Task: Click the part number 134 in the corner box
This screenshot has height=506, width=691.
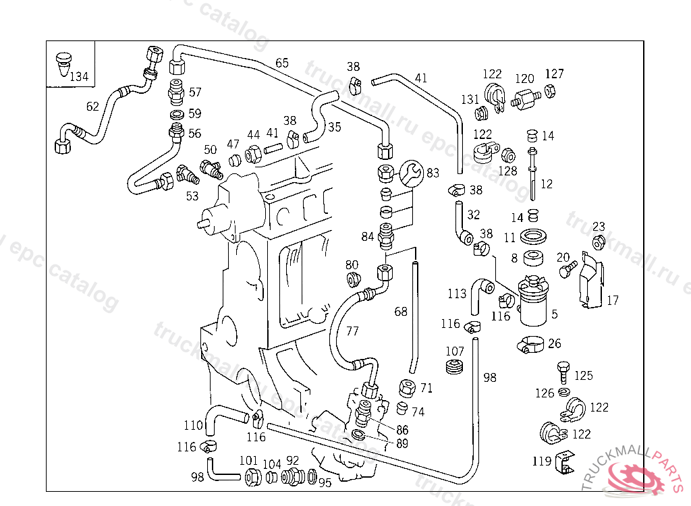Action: click(79, 77)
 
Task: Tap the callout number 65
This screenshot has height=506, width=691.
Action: click(282, 63)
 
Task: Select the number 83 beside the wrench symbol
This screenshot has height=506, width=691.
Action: click(433, 174)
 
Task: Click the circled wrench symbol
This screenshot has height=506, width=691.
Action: click(410, 174)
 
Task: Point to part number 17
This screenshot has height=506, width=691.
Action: click(612, 301)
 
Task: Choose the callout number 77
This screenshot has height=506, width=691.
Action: click(352, 331)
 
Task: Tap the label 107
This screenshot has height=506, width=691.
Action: click(455, 352)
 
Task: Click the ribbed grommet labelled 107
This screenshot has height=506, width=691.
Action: click(455, 368)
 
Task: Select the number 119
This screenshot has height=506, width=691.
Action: click(541, 462)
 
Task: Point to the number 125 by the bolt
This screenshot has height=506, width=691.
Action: click(583, 375)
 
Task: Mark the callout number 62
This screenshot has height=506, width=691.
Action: click(92, 106)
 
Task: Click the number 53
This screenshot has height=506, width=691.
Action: click(192, 196)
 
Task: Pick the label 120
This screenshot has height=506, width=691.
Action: click(525, 79)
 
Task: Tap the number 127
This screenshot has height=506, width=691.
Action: click(555, 74)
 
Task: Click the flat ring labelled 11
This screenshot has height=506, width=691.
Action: click(536, 237)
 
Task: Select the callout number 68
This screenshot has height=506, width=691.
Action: click(401, 312)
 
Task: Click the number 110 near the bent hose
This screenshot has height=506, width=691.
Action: click(194, 426)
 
